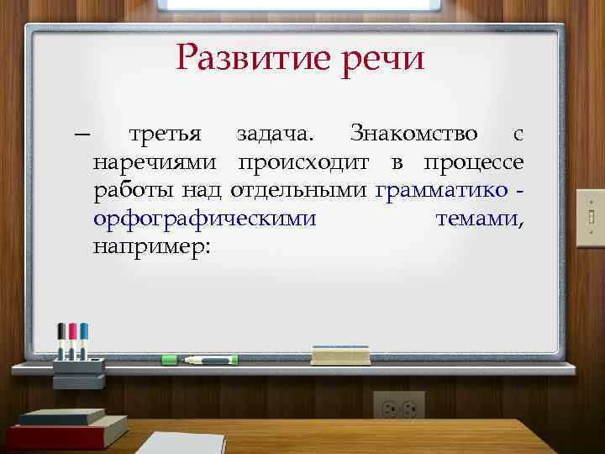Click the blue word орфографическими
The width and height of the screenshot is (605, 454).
(x=205, y=219)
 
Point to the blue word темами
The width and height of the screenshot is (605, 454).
(x=477, y=219)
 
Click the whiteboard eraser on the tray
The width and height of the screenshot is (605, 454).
(x=340, y=354)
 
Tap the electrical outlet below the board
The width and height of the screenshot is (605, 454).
(x=398, y=406)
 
